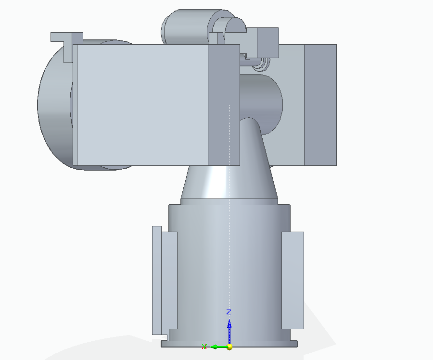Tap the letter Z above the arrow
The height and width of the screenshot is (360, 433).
[x=229, y=312]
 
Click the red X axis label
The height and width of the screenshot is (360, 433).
[x=204, y=347]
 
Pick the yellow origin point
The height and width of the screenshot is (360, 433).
[x=229, y=347]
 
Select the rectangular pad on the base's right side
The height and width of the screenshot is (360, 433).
[x=293, y=280]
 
